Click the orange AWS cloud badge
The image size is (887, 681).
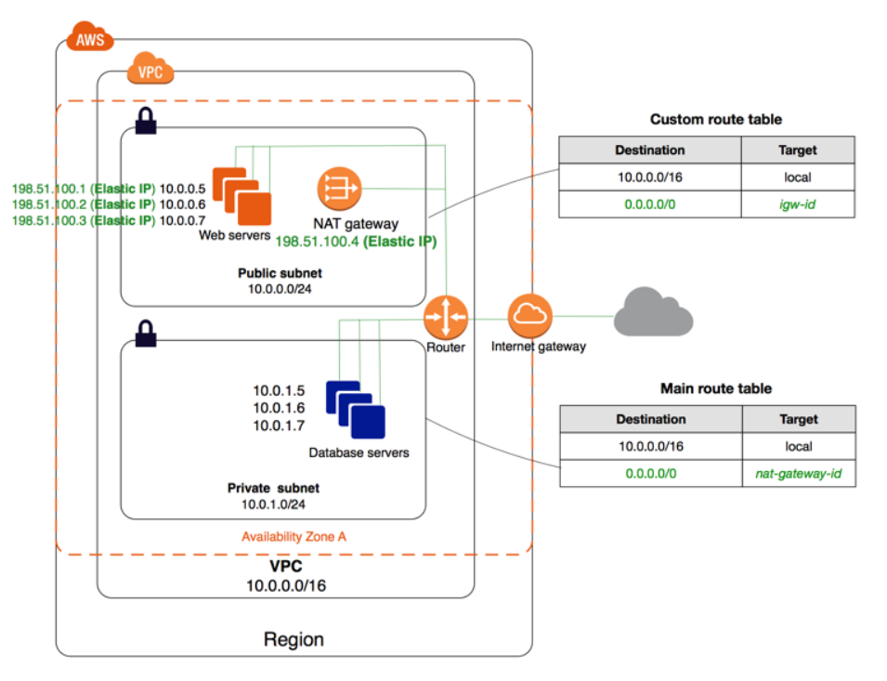click(90, 39)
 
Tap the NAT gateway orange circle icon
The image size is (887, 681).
click(338, 190)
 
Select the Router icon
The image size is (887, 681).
click(446, 319)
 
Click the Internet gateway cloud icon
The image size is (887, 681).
click(530, 316)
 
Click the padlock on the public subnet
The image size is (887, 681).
click(146, 120)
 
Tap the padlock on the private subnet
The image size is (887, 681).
click(146, 333)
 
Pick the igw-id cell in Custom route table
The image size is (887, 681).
click(797, 203)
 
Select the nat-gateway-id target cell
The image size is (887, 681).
click(798, 474)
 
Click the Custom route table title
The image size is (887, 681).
click(715, 119)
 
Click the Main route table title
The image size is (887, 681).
click(715, 388)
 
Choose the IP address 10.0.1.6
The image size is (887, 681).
click(279, 408)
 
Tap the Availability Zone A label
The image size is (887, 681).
click(294, 537)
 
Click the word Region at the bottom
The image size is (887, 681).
click(293, 639)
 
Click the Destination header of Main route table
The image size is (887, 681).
click(650, 419)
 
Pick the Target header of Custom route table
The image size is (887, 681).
click(797, 150)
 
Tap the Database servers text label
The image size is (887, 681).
click(359, 453)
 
